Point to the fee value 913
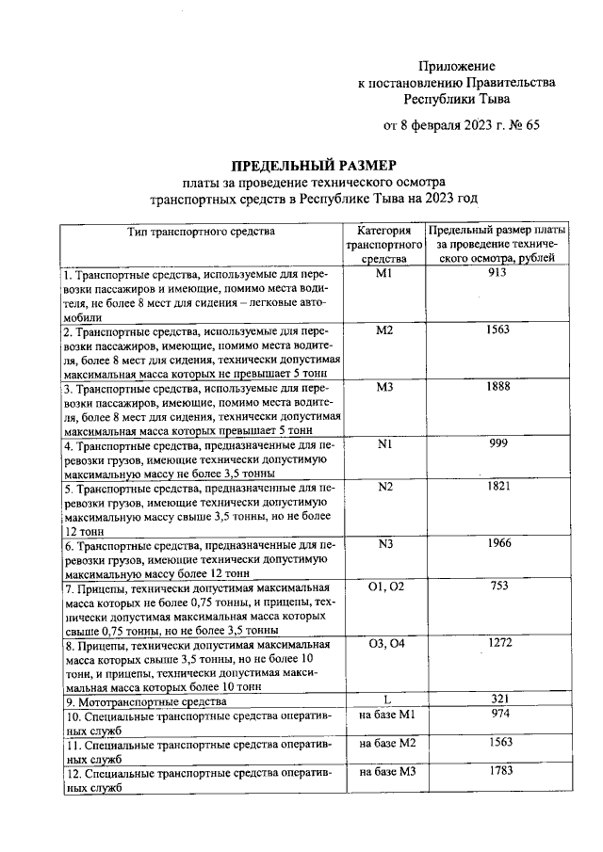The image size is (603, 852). click(497, 272)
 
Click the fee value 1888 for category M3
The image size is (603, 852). click(497, 387)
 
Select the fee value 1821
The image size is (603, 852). click(497, 487)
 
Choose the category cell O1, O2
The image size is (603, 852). click(384, 587)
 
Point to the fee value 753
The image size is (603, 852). click(497, 587)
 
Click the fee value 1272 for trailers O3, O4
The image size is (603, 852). click(497, 644)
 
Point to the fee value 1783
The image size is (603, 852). click(497, 773)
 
